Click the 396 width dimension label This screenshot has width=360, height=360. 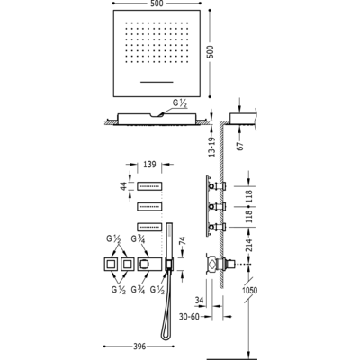click(x=139, y=346)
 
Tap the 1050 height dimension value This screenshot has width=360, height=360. click(x=249, y=290)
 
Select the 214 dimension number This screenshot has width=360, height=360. click(x=249, y=246)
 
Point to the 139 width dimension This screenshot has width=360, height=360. click(x=149, y=165)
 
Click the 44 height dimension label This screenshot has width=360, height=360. click(x=123, y=186)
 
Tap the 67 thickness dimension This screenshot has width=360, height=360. click(x=240, y=145)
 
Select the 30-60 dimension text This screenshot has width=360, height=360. click(x=190, y=316)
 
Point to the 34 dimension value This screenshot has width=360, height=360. click(x=200, y=301)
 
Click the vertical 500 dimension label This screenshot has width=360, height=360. click(x=211, y=52)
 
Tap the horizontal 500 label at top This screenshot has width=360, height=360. click(x=157, y=4)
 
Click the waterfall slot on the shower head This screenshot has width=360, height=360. click(x=157, y=82)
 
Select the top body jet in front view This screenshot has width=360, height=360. click(x=149, y=186)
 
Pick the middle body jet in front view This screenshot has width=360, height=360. click(x=149, y=207)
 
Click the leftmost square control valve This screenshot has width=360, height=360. click(x=112, y=265)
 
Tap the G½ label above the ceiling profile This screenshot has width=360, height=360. click(x=180, y=103)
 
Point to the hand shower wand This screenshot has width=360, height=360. click(x=169, y=241)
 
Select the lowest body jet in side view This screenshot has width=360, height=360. click(x=218, y=228)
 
